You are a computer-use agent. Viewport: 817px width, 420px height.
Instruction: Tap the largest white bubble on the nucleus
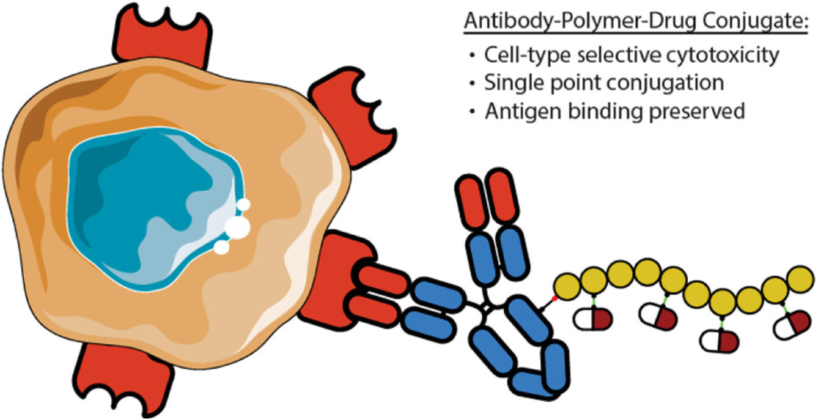237,227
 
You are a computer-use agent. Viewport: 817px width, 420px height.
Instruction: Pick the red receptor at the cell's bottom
123,379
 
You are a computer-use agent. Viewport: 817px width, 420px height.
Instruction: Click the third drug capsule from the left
719,340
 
